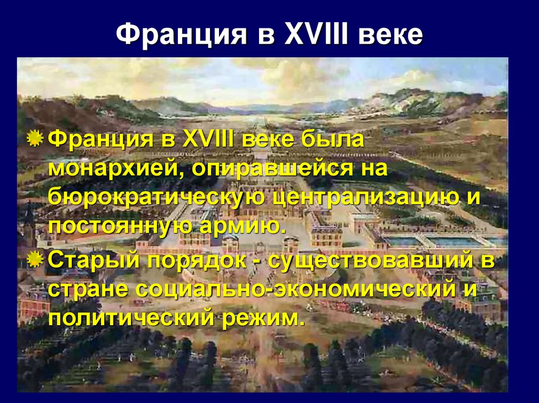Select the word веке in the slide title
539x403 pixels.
tap(391, 35)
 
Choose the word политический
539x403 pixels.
tap(129, 317)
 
